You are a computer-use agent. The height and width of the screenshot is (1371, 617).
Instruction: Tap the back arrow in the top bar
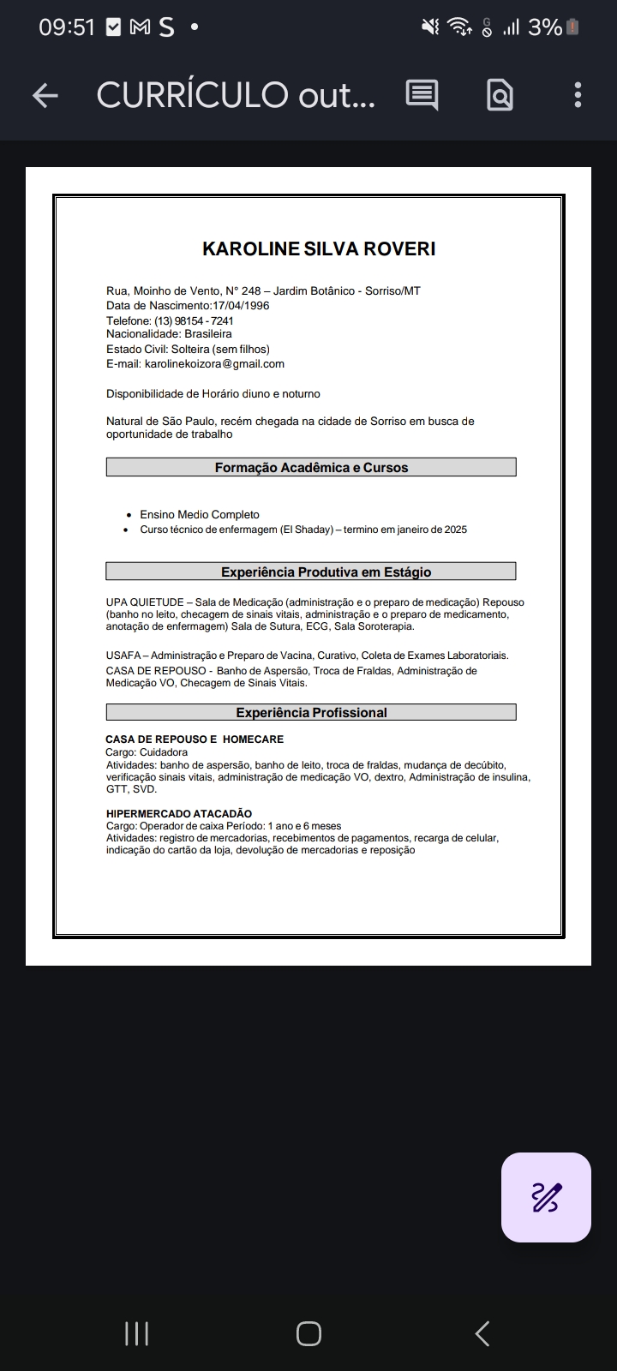click(45, 95)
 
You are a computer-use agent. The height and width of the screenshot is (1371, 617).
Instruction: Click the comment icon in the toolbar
click(422, 95)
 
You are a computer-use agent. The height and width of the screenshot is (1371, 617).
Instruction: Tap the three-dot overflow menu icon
click(578, 95)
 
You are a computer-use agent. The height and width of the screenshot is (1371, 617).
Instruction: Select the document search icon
click(500, 95)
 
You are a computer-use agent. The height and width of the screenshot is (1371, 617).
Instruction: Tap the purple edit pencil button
click(546, 1197)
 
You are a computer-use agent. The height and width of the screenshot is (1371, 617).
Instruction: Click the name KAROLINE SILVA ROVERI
click(319, 248)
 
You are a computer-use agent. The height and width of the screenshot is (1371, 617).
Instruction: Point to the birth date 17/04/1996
click(241, 306)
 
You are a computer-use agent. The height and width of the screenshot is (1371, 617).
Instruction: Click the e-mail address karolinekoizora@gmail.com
click(214, 363)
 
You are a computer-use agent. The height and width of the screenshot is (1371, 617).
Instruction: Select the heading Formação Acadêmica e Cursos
click(311, 468)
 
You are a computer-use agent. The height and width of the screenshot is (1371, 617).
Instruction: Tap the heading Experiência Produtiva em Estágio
click(326, 572)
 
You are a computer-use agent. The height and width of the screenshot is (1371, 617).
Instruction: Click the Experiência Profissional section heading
click(311, 713)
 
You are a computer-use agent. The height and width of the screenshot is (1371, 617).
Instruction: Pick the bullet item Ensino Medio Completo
click(200, 515)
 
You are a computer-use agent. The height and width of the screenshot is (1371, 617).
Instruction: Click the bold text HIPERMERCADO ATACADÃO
click(179, 813)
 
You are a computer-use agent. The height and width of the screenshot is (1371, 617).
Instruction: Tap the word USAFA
click(123, 656)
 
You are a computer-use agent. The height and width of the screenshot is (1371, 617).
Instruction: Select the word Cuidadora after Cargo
click(164, 752)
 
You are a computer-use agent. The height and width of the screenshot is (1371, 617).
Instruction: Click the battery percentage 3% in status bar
click(545, 27)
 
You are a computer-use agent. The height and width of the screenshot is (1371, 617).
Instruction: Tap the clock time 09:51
click(67, 27)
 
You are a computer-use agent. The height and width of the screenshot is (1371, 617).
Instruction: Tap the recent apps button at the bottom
click(137, 1333)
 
